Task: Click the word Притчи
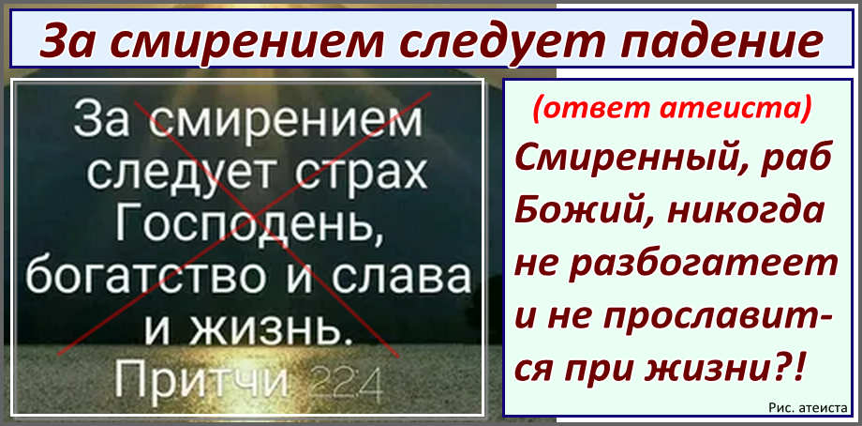pyautogui.click(x=201, y=380)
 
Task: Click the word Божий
pyautogui.click(x=582, y=212)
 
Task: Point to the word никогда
pyautogui.click(x=747, y=212)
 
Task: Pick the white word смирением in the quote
pyautogui.click(x=287, y=123)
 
